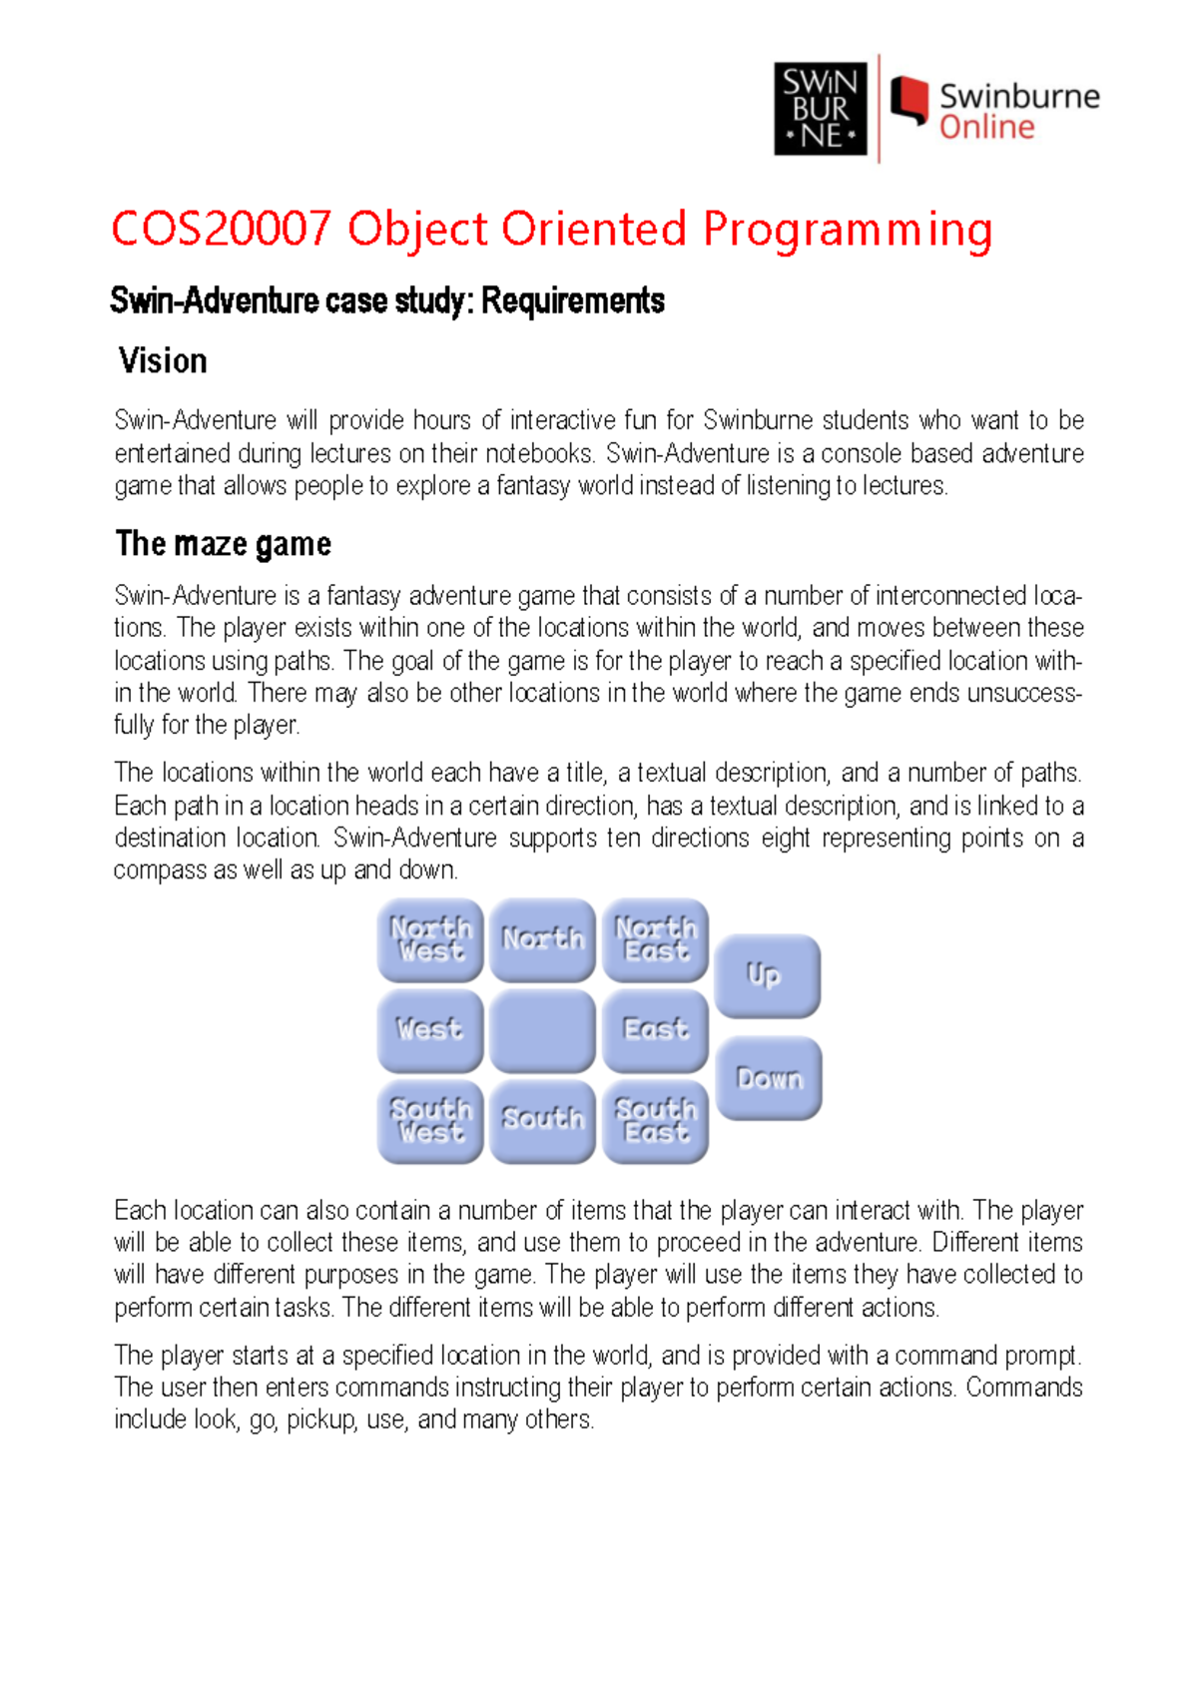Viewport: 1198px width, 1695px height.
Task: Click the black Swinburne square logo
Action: coord(821,109)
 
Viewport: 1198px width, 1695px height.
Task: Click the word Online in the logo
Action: coord(986,128)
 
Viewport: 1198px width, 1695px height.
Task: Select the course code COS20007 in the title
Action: coord(221,229)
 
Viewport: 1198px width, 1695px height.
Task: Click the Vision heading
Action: coord(163,360)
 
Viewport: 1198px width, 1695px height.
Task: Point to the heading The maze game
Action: coord(223,544)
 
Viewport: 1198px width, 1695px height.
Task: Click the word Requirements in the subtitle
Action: coord(573,300)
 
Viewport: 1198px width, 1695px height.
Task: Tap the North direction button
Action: coord(542,939)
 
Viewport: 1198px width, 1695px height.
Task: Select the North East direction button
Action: coord(655,939)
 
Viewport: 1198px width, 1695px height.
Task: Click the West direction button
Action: coord(429,1029)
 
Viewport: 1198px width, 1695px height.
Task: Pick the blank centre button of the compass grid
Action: coord(542,1029)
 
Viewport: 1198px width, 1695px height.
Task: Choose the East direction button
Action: coord(655,1029)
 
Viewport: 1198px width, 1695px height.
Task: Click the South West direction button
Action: coord(429,1120)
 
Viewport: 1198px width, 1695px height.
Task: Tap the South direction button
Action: coord(542,1120)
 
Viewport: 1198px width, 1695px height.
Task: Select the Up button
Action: coord(767,975)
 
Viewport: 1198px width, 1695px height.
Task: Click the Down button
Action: coord(769,1078)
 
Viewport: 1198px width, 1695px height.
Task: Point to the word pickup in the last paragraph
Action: coord(321,1419)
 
